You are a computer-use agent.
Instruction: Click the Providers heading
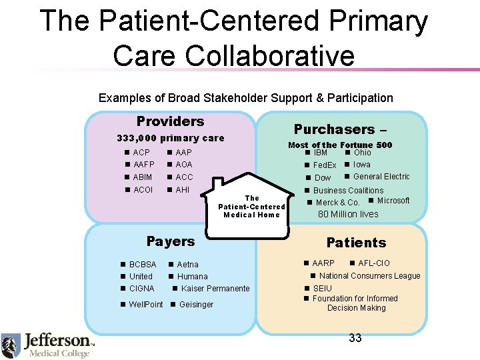point(170,121)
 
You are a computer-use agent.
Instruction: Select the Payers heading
point(171,241)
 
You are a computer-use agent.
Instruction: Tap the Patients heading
point(356,243)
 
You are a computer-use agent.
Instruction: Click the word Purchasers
point(334,129)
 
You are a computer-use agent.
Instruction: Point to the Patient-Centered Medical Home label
point(252,207)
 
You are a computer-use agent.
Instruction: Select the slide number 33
point(355,338)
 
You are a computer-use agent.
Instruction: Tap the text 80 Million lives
point(347,214)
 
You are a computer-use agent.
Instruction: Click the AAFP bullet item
point(143,165)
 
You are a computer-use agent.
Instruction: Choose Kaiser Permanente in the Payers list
point(215,289)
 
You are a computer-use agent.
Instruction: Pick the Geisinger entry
point(196,305)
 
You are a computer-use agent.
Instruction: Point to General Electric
point(381,177)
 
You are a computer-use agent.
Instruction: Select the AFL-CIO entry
point(374,263)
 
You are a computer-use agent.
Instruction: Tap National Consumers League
point(369,276)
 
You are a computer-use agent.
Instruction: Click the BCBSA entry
point(143,265)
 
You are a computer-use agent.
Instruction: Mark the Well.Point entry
point(145,305)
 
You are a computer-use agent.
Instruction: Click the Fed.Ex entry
point(325,165)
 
